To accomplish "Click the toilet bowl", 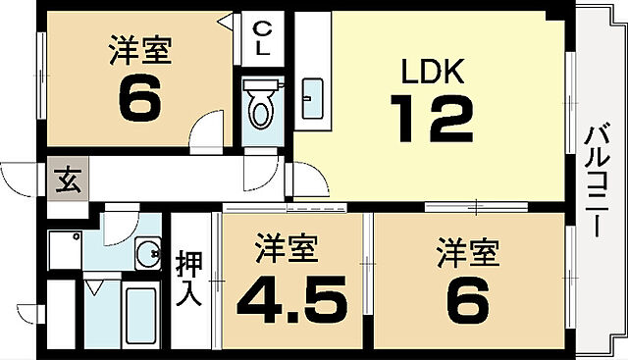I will (261, 107).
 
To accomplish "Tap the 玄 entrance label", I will (67, 180).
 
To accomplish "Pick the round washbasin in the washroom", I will (149, 256).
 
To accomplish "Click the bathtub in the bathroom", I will (141, 314).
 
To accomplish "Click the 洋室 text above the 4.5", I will (288, 249).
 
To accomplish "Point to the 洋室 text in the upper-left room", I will (139, 50).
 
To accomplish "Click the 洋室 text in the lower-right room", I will (468, 252).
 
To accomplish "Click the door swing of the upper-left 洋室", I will (210, 130).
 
